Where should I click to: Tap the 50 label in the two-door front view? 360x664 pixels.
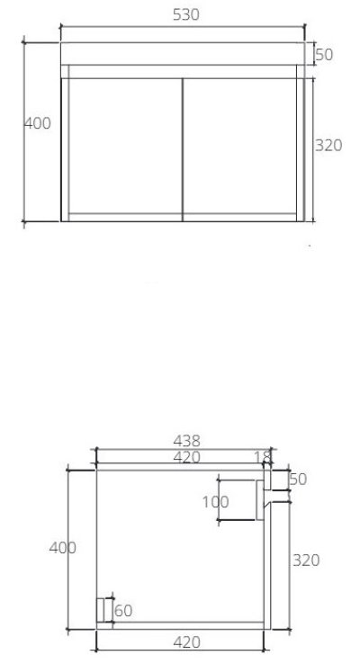pyautogui.click(x=324, y=55)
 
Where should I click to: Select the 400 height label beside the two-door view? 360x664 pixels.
pyautogui.click(x=37, y=123)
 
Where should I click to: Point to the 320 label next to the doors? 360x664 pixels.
pyautogui.click(x=329, y=145)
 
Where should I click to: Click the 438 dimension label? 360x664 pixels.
pyautogui.click(x=188, y=441)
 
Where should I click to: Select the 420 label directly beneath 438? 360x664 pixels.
pyautogui.click(x=188, y=457)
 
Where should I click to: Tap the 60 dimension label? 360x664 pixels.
pyautogui.click(x=124, y=611)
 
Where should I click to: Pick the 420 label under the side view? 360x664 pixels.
pyautogui.click(x=185, y=642)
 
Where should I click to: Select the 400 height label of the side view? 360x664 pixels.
pyautogui.click(x=62, y=547)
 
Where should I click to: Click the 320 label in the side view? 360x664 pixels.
pyautogui.click(x=307, y=560)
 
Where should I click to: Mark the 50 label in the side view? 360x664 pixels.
pyautogui.click(x=298, y=480)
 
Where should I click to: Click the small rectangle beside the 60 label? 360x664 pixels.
pyautogui.click(x=103, y=610)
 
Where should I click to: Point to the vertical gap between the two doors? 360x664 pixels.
pyautogui.click(x=184, y=149)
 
